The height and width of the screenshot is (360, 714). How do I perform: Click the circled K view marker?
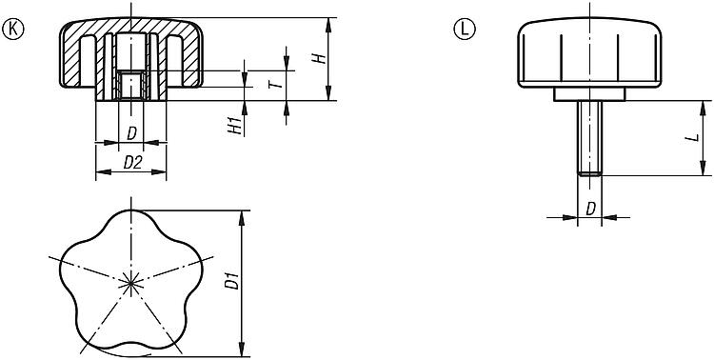[x=12, y=29]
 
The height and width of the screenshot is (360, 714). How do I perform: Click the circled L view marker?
[x=465, y=29]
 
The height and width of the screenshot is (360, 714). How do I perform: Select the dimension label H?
[x=322, y=58]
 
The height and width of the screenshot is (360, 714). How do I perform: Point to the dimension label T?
[x=282, y=84]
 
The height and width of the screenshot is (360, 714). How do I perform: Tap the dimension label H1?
[x=234, y=126]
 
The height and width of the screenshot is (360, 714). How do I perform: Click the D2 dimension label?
[x=132, y=162]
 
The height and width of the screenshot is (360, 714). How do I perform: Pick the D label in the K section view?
[x=131, y=133]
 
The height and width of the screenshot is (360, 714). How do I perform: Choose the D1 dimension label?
[x=232, y=280]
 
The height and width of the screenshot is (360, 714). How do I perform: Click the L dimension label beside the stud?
[x=694, y=137]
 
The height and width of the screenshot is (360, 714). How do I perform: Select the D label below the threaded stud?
[x=590, y=209]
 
